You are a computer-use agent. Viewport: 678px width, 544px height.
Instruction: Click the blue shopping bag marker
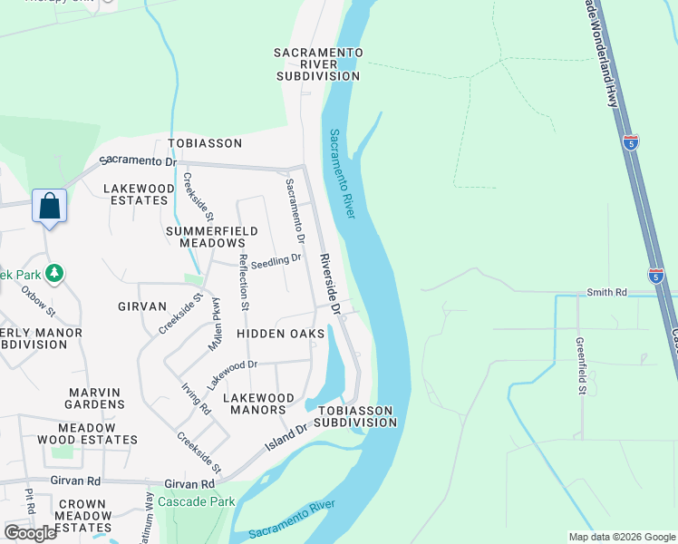tap(50, 207)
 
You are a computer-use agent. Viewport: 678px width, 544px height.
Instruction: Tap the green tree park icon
tap(54, 272)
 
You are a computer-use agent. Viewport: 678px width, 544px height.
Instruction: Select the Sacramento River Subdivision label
tap(319, 64)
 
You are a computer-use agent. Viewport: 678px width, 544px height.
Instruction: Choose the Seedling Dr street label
tap(276, 259)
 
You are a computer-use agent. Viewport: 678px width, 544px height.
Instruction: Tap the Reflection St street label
tap(243, 283)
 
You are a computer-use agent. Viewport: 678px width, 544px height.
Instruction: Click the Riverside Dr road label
tap(329, 284)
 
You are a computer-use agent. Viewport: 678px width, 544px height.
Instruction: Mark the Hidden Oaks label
tap(280, 334)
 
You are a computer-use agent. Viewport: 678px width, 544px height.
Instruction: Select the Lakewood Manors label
tap(259, 403)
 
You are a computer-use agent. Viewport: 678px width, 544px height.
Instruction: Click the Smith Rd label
tap(606, 293)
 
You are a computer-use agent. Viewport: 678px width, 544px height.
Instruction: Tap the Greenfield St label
tap(579, 366)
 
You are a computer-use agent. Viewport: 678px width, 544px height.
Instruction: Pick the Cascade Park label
tap(197, 501)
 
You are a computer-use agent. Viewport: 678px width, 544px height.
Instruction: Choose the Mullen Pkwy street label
tap(217, 324)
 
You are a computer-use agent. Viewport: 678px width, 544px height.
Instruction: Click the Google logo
tap(30, 533)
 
